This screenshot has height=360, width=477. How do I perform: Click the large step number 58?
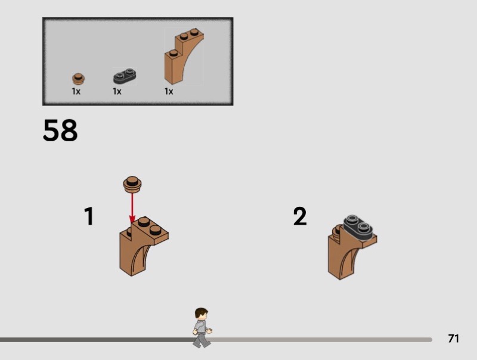(x=60, y=130)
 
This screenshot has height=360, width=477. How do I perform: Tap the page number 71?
(x=453, y=339)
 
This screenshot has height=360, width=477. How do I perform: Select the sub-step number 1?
(x=89, y=216)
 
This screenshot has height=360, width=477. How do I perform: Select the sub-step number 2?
(x=300, y=216)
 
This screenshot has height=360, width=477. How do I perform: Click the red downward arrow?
(x=132, y=209)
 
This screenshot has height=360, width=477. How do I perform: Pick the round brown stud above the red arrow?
(x=132, y=185)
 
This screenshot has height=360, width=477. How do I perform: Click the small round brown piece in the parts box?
(x=79, y=79)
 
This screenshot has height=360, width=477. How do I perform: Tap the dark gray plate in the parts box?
(x=125, y=76)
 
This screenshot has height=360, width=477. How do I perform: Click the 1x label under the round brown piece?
(x=76, y=91)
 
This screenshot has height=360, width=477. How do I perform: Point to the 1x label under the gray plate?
(x=117, y=91)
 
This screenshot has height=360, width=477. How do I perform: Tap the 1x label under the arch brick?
(x=169, y=91)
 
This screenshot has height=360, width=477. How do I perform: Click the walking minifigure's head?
(x=202, y=314)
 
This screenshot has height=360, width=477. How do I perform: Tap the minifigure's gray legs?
(x=202, y=340)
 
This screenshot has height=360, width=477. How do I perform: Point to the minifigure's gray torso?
(x=201, y=327)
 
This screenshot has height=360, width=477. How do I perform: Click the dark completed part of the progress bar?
(x=97, y=340)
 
